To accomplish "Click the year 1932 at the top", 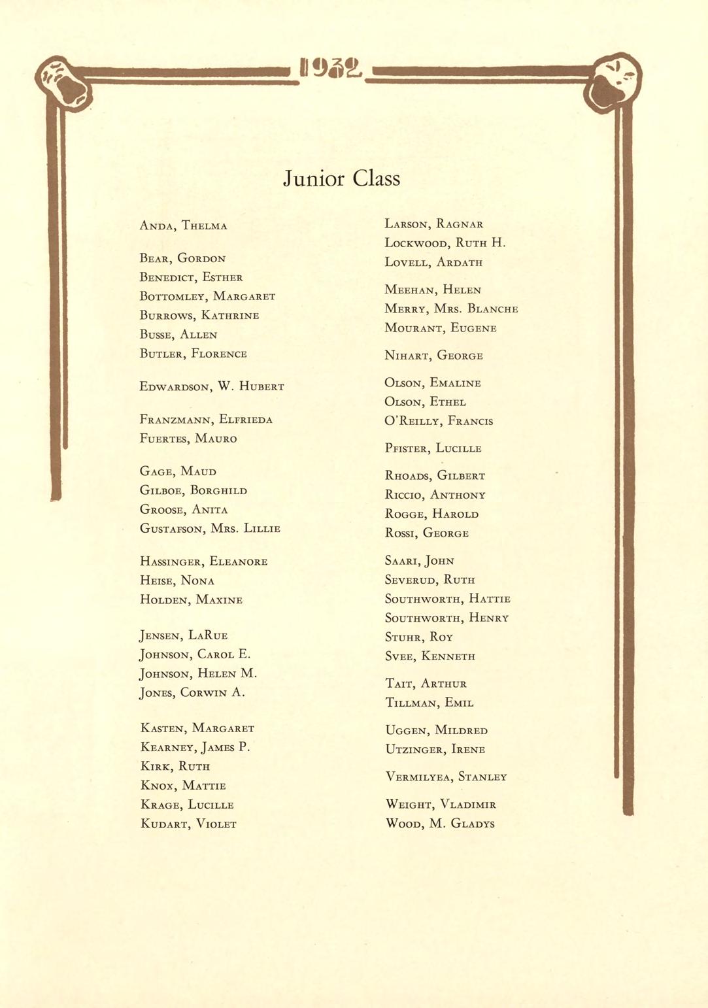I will point(331,67).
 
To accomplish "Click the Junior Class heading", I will point(341,178).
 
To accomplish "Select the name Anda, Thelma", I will point(183,226).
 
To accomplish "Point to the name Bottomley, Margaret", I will point(207,296).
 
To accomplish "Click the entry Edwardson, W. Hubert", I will point(212,386).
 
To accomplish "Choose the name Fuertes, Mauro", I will point(188,439).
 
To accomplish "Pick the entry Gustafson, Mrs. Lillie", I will point(210,528).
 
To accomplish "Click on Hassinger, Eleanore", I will point(203,562).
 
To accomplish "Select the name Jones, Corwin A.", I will point(192,693).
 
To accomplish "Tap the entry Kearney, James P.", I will point(195,747).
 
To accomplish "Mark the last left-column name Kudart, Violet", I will point(188,824).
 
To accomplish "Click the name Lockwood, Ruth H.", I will point(445,243).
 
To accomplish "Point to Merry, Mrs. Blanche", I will point(451,309).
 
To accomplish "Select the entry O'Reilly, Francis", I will point(439,421).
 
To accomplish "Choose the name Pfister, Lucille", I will point(433,448).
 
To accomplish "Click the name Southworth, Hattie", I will point(447,599).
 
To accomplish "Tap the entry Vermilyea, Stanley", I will point(446,777).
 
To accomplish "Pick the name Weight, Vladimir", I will point(441,804).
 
